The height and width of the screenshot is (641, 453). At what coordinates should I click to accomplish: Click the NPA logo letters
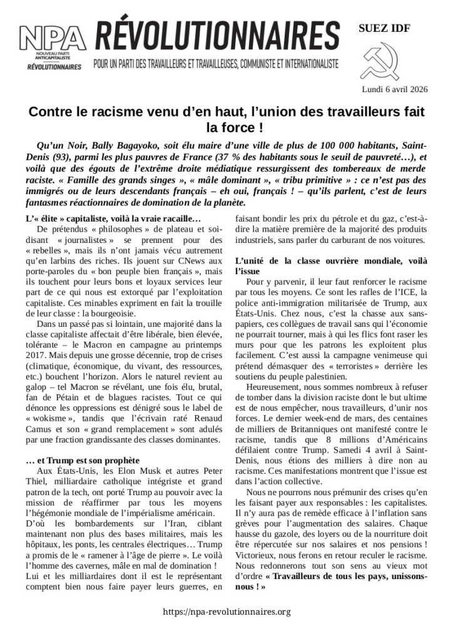(53, 39)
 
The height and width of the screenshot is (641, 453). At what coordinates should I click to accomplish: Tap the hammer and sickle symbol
(380, 60)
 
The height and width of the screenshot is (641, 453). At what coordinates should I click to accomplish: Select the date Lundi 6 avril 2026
(395, 89)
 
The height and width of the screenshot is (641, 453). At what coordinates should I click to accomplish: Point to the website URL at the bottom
(227, 612)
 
